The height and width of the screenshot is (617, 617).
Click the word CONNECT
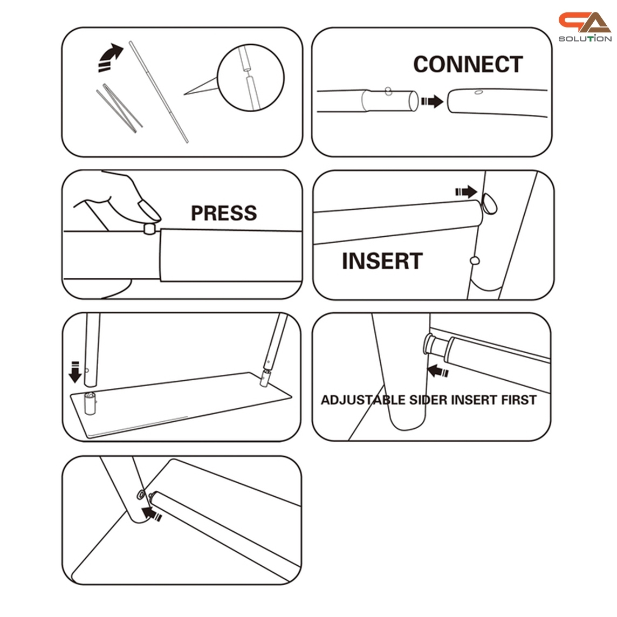[468, 64]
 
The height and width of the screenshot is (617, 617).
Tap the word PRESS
[224, 213]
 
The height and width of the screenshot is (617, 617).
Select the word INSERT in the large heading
[382, 261]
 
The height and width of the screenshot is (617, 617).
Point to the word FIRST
[519, 400]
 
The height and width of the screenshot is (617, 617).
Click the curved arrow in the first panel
[110, 57]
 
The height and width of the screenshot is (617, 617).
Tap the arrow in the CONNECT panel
[432, 101]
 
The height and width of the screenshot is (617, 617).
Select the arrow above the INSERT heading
[467, 192]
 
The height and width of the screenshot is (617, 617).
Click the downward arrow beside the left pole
[75, 372]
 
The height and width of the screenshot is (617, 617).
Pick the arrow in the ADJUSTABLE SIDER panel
[438, 371]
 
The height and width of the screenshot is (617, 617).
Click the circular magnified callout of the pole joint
[251, 78]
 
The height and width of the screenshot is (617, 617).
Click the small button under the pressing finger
[149, 229]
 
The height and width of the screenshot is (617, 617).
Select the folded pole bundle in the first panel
[119, 108]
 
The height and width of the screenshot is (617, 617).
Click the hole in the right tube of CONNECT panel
[479, 92]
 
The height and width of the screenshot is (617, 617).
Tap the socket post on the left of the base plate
[90, 403]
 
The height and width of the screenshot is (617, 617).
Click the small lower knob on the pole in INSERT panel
[475, 260]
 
